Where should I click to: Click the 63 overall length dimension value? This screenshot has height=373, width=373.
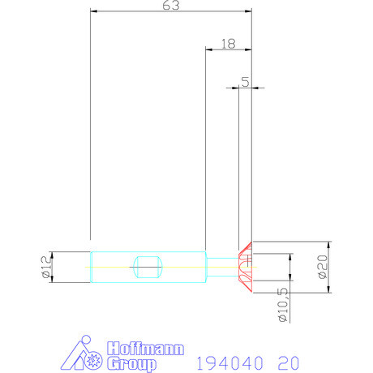pos(171,6)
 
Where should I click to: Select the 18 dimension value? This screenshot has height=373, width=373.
pos(229,44)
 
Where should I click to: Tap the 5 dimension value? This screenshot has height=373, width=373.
pos(246,82)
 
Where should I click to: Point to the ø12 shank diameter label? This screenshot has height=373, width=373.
pos(46,267)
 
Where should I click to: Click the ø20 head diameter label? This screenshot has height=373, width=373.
pos(323,267)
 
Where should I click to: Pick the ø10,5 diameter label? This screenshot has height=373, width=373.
pos(283,305)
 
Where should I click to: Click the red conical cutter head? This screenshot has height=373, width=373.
pos(245,267)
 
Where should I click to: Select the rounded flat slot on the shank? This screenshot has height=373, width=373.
pos(148,267)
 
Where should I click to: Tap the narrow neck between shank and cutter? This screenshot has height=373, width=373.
pos(222,267)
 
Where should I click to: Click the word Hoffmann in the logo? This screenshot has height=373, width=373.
pos(145,349)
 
